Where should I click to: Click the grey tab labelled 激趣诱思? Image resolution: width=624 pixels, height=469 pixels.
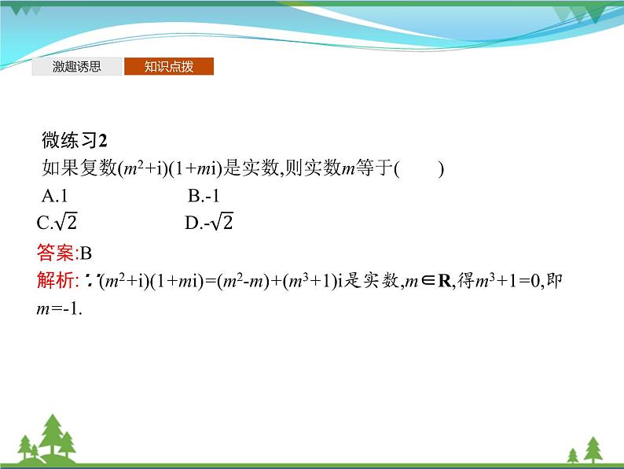click(77, 67)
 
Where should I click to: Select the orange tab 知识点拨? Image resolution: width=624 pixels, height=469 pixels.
click(168, 67)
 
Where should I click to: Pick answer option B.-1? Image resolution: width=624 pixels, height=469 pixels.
click(203, 196)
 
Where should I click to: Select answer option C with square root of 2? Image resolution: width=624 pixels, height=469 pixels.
click(57, 223)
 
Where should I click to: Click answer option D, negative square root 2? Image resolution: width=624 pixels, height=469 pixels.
click(209, 223)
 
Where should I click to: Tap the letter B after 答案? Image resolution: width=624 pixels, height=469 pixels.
click(86, 253)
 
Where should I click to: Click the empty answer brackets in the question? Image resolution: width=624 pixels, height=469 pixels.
click(420, 168)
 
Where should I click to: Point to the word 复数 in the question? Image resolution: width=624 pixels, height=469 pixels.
click(97, 168)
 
